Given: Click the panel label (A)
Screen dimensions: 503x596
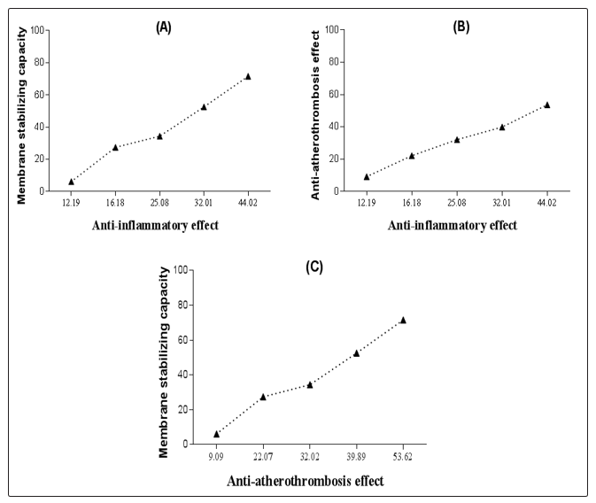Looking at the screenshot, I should click(164, 27).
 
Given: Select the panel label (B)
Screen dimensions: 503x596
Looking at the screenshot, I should click(461, 27).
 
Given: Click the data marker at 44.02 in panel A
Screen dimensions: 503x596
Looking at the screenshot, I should click(248, 76).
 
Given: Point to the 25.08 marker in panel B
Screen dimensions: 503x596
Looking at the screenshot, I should click(457, 139).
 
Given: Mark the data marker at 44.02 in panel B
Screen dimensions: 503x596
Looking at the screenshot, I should click(547, 104).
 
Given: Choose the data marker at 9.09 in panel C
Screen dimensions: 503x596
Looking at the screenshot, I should click(216, 434).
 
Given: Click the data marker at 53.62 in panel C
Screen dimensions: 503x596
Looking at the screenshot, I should click(403, 320).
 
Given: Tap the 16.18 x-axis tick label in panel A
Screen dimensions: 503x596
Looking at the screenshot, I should click(115, 203).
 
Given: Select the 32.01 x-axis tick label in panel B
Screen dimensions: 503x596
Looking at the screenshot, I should click(502, 203).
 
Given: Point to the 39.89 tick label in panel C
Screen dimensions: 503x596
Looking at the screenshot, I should click(356, 457).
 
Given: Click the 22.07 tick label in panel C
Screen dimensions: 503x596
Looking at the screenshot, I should click(263, 457).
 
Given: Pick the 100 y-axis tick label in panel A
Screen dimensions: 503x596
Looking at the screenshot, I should click(36, 29).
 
